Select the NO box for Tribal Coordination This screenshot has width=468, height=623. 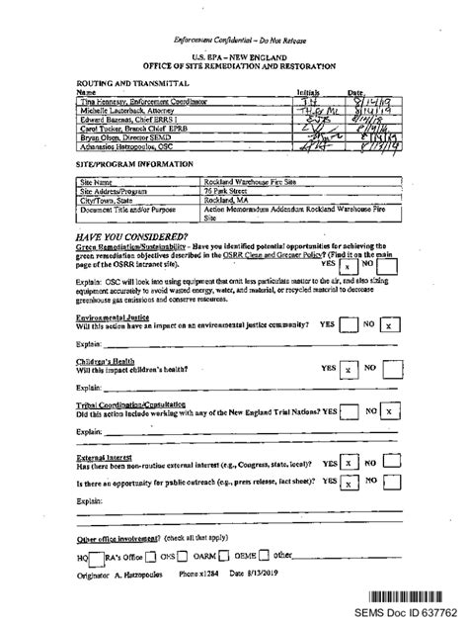point(390,410)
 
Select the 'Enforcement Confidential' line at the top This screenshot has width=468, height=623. point(232,39)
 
